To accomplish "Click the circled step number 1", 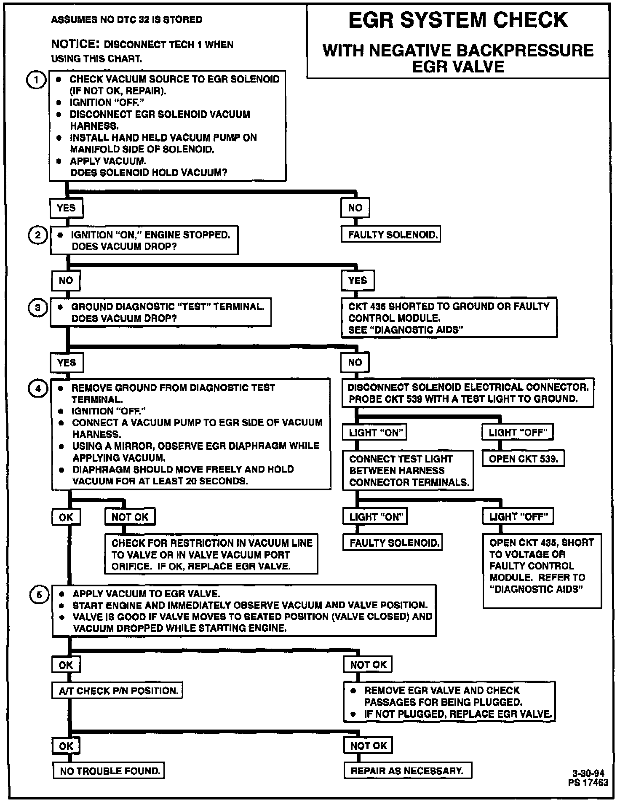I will coord(36,80).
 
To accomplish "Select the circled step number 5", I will coord(39,595).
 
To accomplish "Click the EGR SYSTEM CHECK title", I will coord(458,20).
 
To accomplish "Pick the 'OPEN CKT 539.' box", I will coord(523,459).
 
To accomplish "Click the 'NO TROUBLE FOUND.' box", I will coord(109,771).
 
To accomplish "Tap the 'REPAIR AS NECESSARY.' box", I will coord(407,771).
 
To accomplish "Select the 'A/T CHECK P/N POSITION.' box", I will coord(118,691).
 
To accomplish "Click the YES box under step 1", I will coord(66,208).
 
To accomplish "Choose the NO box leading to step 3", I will coord(66,281).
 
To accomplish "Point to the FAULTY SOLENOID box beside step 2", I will coord(390,235).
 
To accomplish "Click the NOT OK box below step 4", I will coord(130,517).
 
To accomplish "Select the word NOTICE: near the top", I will coord(75,44).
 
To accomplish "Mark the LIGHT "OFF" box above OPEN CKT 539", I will coord(518,432).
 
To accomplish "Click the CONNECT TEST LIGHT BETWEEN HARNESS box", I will coord(408,471).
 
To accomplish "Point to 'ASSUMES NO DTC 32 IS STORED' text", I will coord(127,20).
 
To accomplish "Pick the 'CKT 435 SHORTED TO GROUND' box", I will coord(449,318).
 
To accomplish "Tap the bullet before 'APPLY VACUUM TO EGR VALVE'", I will coord(61,594).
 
